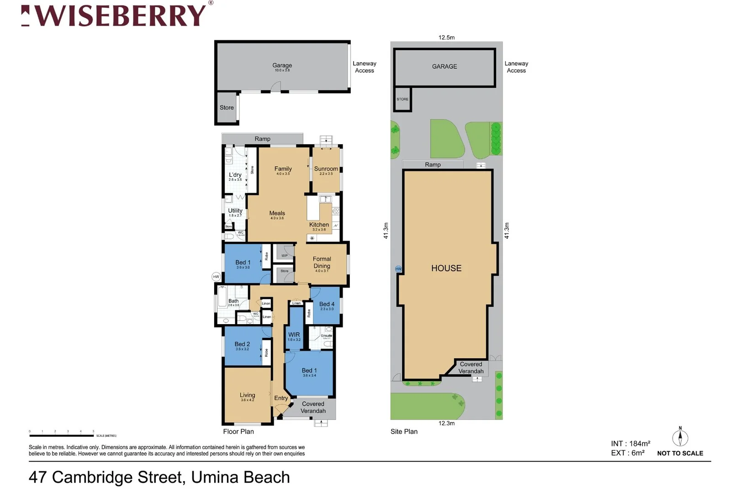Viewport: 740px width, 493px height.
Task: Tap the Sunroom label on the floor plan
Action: [326, 169]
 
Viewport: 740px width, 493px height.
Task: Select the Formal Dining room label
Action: [322, 262]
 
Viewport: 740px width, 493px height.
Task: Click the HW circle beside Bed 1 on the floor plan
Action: [216, 277]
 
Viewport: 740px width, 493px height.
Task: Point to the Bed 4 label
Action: [327, 304]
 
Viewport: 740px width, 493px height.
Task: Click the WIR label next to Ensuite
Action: [294, 335]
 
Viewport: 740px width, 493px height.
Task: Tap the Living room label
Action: [247, 395]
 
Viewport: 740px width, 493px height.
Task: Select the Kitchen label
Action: [319, 225]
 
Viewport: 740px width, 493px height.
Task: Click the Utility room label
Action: [235, 210]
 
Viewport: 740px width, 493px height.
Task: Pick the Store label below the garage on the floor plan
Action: [227, 108]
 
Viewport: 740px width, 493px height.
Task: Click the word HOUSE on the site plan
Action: [446, 268]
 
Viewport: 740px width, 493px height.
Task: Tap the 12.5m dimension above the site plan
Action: [446, 37]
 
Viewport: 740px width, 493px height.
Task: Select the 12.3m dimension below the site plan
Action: [446, 423]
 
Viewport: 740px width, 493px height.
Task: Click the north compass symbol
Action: [680, 437]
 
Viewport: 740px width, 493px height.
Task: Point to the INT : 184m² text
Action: [630, 443]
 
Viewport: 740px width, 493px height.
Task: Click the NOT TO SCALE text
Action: [680, 453]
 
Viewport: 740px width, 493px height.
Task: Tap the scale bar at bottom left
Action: [62, 435]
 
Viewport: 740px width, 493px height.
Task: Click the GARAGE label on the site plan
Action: [444, 67]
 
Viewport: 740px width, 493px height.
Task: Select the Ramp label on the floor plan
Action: [262, 139]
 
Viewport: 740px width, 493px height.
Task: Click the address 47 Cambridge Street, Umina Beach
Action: [159, 477]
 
